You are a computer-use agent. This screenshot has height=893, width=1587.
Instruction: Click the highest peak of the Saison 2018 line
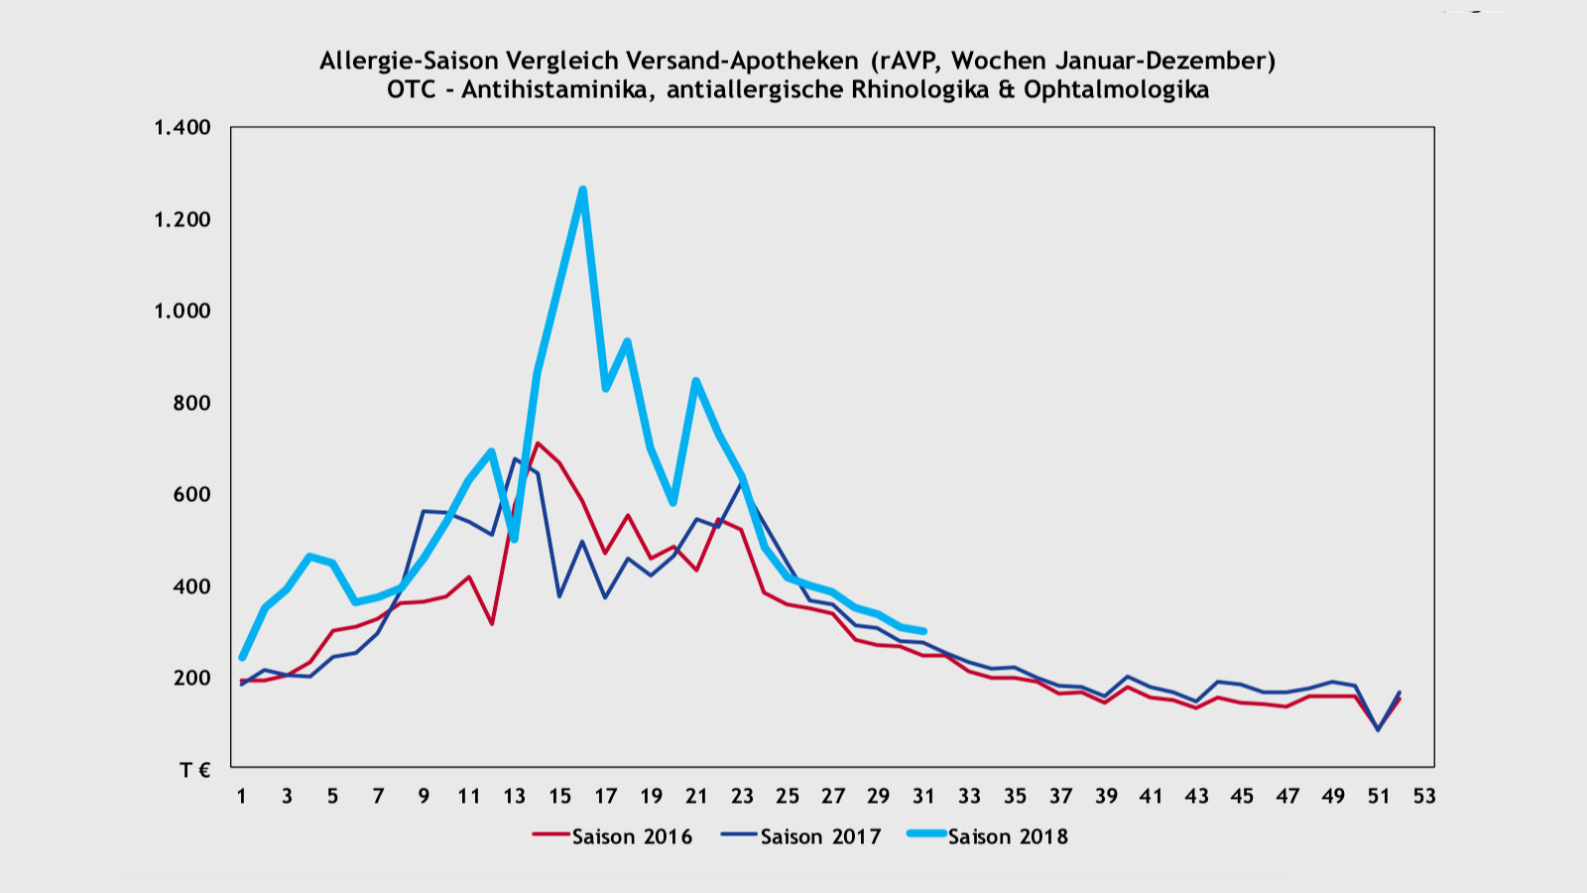coord(582,190)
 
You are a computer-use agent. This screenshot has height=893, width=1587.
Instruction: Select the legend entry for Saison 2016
coord(613,836)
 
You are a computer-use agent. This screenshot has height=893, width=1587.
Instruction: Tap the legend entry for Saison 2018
coord(989,836)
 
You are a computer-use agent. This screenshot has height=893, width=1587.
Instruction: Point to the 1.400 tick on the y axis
coord(183,127)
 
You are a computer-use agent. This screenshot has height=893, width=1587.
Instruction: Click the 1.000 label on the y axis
coord(183,311)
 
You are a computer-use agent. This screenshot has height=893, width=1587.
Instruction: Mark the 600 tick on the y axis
coord(191,494)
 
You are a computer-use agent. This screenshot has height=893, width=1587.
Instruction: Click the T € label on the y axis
coord(194,770)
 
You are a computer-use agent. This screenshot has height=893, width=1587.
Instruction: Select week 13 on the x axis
coord(514,796)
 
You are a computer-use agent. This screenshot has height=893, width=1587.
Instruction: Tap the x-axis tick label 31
coord(923,796)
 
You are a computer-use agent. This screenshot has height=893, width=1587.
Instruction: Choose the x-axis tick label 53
coord(1424,796)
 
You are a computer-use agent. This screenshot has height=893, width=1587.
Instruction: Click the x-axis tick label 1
coord(241,796)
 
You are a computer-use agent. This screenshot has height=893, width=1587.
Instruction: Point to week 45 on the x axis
coord(1242,796)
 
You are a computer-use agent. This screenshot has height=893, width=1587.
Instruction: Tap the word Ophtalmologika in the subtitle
coord(1116,90)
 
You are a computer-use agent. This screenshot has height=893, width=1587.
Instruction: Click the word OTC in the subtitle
coord(411,90)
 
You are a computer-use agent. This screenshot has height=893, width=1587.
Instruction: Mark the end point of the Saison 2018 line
coord(923,631)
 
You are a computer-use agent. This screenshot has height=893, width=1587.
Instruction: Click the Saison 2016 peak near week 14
coord(537,444)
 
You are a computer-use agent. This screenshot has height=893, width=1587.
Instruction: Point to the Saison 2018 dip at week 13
coord(514,539)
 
